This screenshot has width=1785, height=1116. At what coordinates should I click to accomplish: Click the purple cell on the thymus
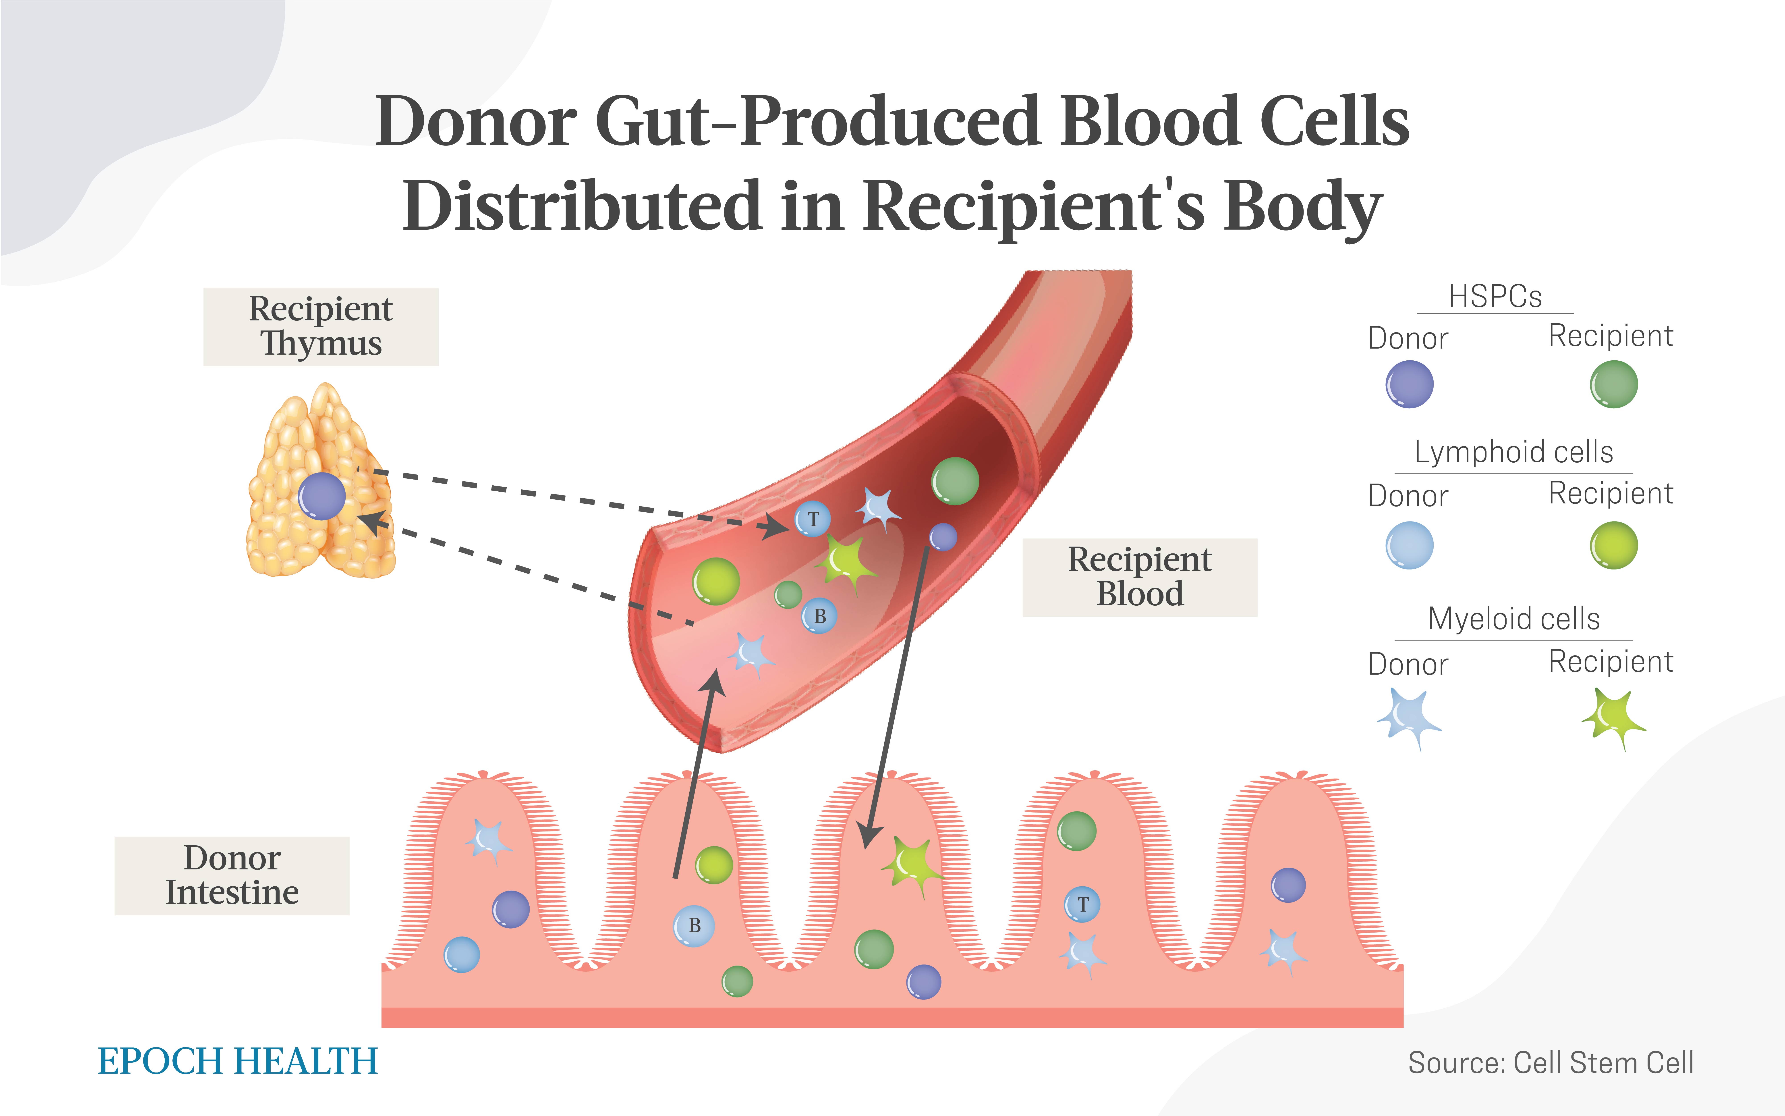322,496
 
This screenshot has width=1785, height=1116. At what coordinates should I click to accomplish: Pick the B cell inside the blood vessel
819,615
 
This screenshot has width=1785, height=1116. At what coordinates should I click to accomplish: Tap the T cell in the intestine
1082,904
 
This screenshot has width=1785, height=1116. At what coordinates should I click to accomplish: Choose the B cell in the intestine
694,926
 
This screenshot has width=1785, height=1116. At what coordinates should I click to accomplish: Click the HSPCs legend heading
1495,297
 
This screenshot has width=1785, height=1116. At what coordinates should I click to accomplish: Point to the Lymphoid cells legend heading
1513,452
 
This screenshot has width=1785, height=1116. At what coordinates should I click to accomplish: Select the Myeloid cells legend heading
1513,619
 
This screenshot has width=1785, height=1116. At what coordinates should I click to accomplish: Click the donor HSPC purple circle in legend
1409,384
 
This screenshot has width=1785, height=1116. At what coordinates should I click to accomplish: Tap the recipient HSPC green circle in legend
1614,384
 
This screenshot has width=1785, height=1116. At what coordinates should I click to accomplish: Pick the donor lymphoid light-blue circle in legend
1409,545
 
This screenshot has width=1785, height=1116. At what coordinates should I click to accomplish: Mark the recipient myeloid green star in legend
1614,718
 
